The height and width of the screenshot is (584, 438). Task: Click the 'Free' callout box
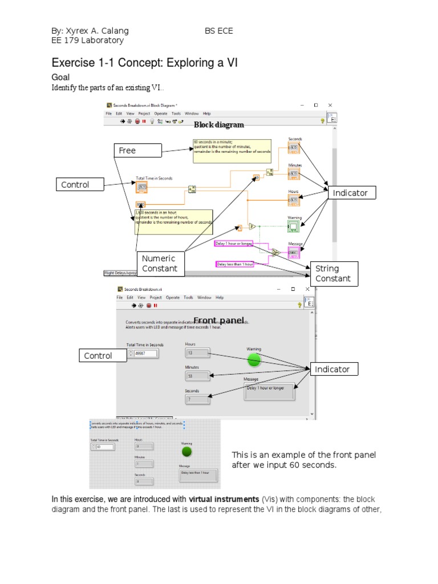137,151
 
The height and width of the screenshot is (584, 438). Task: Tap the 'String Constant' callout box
333,273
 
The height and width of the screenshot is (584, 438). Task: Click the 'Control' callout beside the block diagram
80,185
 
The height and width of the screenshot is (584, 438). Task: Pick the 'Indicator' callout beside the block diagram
350,193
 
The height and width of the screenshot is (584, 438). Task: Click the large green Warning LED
254,359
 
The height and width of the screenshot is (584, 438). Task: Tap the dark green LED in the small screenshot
186,452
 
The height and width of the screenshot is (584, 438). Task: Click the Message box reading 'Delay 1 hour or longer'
269,391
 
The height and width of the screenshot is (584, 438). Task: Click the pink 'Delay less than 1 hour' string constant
234,263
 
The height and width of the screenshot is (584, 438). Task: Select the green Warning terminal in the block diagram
294,226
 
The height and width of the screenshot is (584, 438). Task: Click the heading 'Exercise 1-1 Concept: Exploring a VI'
144,63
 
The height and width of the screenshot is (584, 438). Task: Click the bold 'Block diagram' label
219,125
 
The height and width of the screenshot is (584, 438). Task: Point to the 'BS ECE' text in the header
219,31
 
